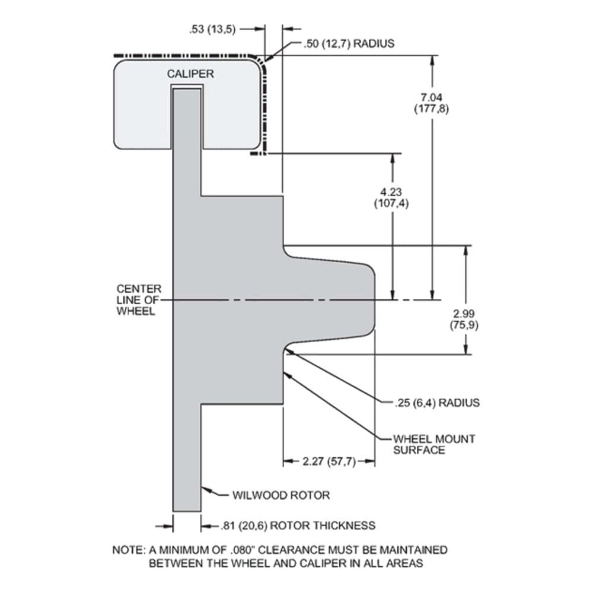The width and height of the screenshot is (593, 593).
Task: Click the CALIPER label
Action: [x=190, y=74]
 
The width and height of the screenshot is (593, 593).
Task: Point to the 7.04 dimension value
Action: [x=432, y=98]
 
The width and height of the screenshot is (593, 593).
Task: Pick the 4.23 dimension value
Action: [x=391, y=192]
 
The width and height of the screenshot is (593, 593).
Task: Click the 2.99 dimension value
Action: [x=464, y=314]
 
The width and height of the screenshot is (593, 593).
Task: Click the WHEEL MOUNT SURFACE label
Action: [x=434, y=444]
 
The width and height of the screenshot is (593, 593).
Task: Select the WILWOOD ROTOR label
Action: [x=281, y=495]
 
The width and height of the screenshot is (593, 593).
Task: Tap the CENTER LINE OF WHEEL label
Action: [x=139, y=300]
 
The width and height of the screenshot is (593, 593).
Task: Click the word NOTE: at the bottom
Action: [x=129, y=550]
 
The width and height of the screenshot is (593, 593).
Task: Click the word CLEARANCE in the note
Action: [x=291, y=550]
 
